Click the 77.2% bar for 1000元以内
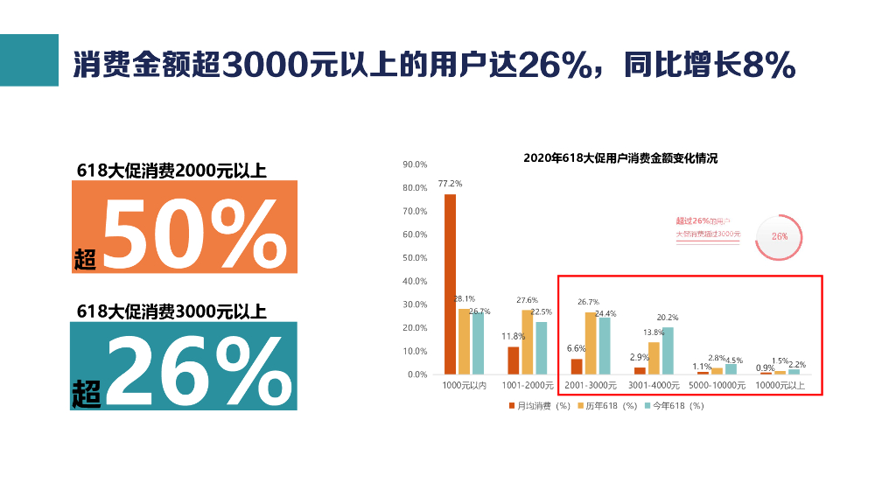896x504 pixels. click(x=450, y=283)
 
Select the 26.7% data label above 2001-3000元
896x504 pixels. click(x=588, y=302)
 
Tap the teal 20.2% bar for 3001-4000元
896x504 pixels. click(x=668, y=350)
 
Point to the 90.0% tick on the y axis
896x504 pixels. click(x=415, y=164)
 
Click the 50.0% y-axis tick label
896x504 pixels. click(x=415, y=258)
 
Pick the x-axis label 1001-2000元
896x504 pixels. click(x=528, y=385)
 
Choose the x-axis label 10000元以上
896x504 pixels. click(x=780, y=385)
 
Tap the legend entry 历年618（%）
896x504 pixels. click(x=609, y=406)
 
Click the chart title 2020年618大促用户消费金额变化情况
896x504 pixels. click(x=619, y=158)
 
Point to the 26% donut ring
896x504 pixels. click(x=779, y=236)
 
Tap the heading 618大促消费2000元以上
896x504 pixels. click(x=171, y=171)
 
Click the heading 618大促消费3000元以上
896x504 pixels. click(x=171, y=311)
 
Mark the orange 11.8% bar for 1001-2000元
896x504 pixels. click(x=514, y=360)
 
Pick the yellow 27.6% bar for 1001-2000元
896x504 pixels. click(x=528, y=341)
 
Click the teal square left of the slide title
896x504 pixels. click(x=29, y=60)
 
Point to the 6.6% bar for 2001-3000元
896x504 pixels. click(x=577, y=366)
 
